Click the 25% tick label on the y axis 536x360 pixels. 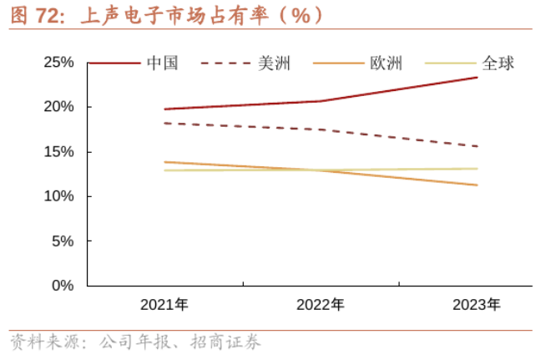58,63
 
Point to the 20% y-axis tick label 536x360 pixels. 58,107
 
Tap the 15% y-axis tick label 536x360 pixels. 58,152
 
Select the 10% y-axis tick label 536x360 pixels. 58,196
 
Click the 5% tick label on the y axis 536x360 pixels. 63,241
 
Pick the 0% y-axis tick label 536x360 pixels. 63,285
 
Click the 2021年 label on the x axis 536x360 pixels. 164,305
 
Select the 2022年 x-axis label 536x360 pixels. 321,305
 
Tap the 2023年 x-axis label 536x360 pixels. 477,305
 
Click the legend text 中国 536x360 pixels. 162,63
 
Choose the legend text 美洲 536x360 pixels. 274,63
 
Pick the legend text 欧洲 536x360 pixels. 386,63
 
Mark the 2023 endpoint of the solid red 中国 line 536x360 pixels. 477,78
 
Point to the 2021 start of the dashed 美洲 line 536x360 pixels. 164,123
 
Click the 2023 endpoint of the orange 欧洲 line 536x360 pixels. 477,185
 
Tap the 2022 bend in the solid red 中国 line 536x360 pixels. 321,101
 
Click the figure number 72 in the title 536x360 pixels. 48,15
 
